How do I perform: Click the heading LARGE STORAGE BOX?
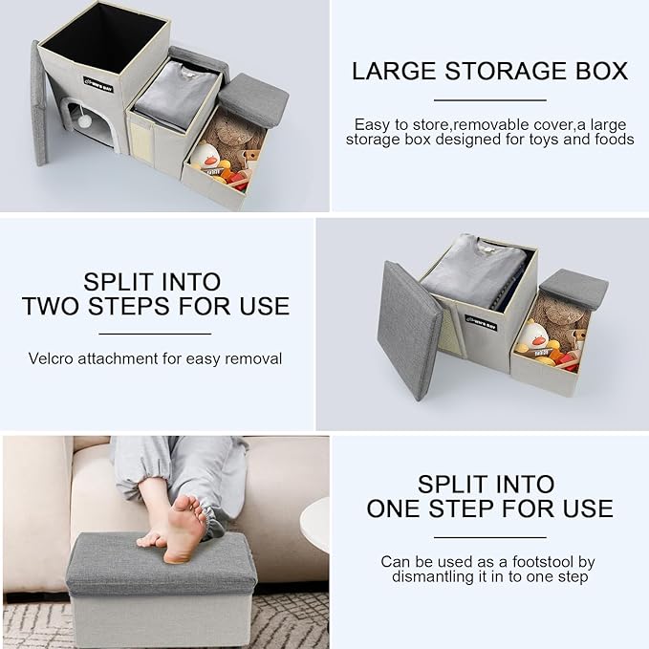click(488, 71)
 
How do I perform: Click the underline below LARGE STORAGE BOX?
click(488, 99)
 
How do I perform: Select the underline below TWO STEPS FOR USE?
click(155, 334)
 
